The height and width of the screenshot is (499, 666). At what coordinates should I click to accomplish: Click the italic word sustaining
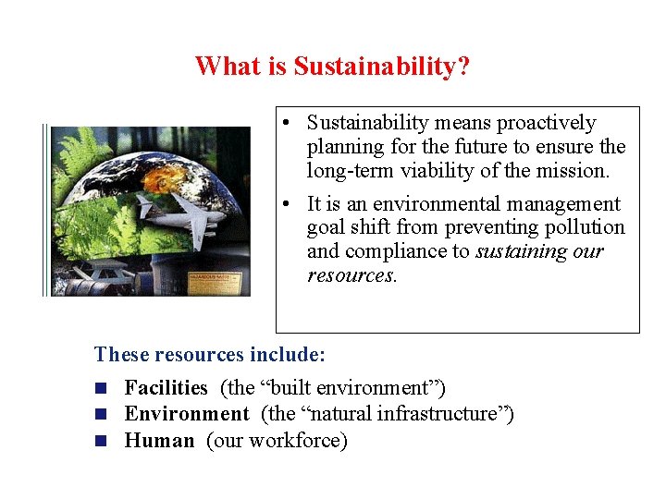(x=521, y=251)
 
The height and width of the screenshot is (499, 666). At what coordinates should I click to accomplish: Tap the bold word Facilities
(x=166, y=388)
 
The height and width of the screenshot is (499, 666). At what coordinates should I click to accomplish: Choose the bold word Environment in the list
(x=187, y=414)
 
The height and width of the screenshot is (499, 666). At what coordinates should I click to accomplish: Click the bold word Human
(x=159, y=441)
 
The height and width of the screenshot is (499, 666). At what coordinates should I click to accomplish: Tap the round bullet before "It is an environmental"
(x=290, y=204)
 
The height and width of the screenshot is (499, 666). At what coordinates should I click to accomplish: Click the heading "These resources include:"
(x=210, y=354)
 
